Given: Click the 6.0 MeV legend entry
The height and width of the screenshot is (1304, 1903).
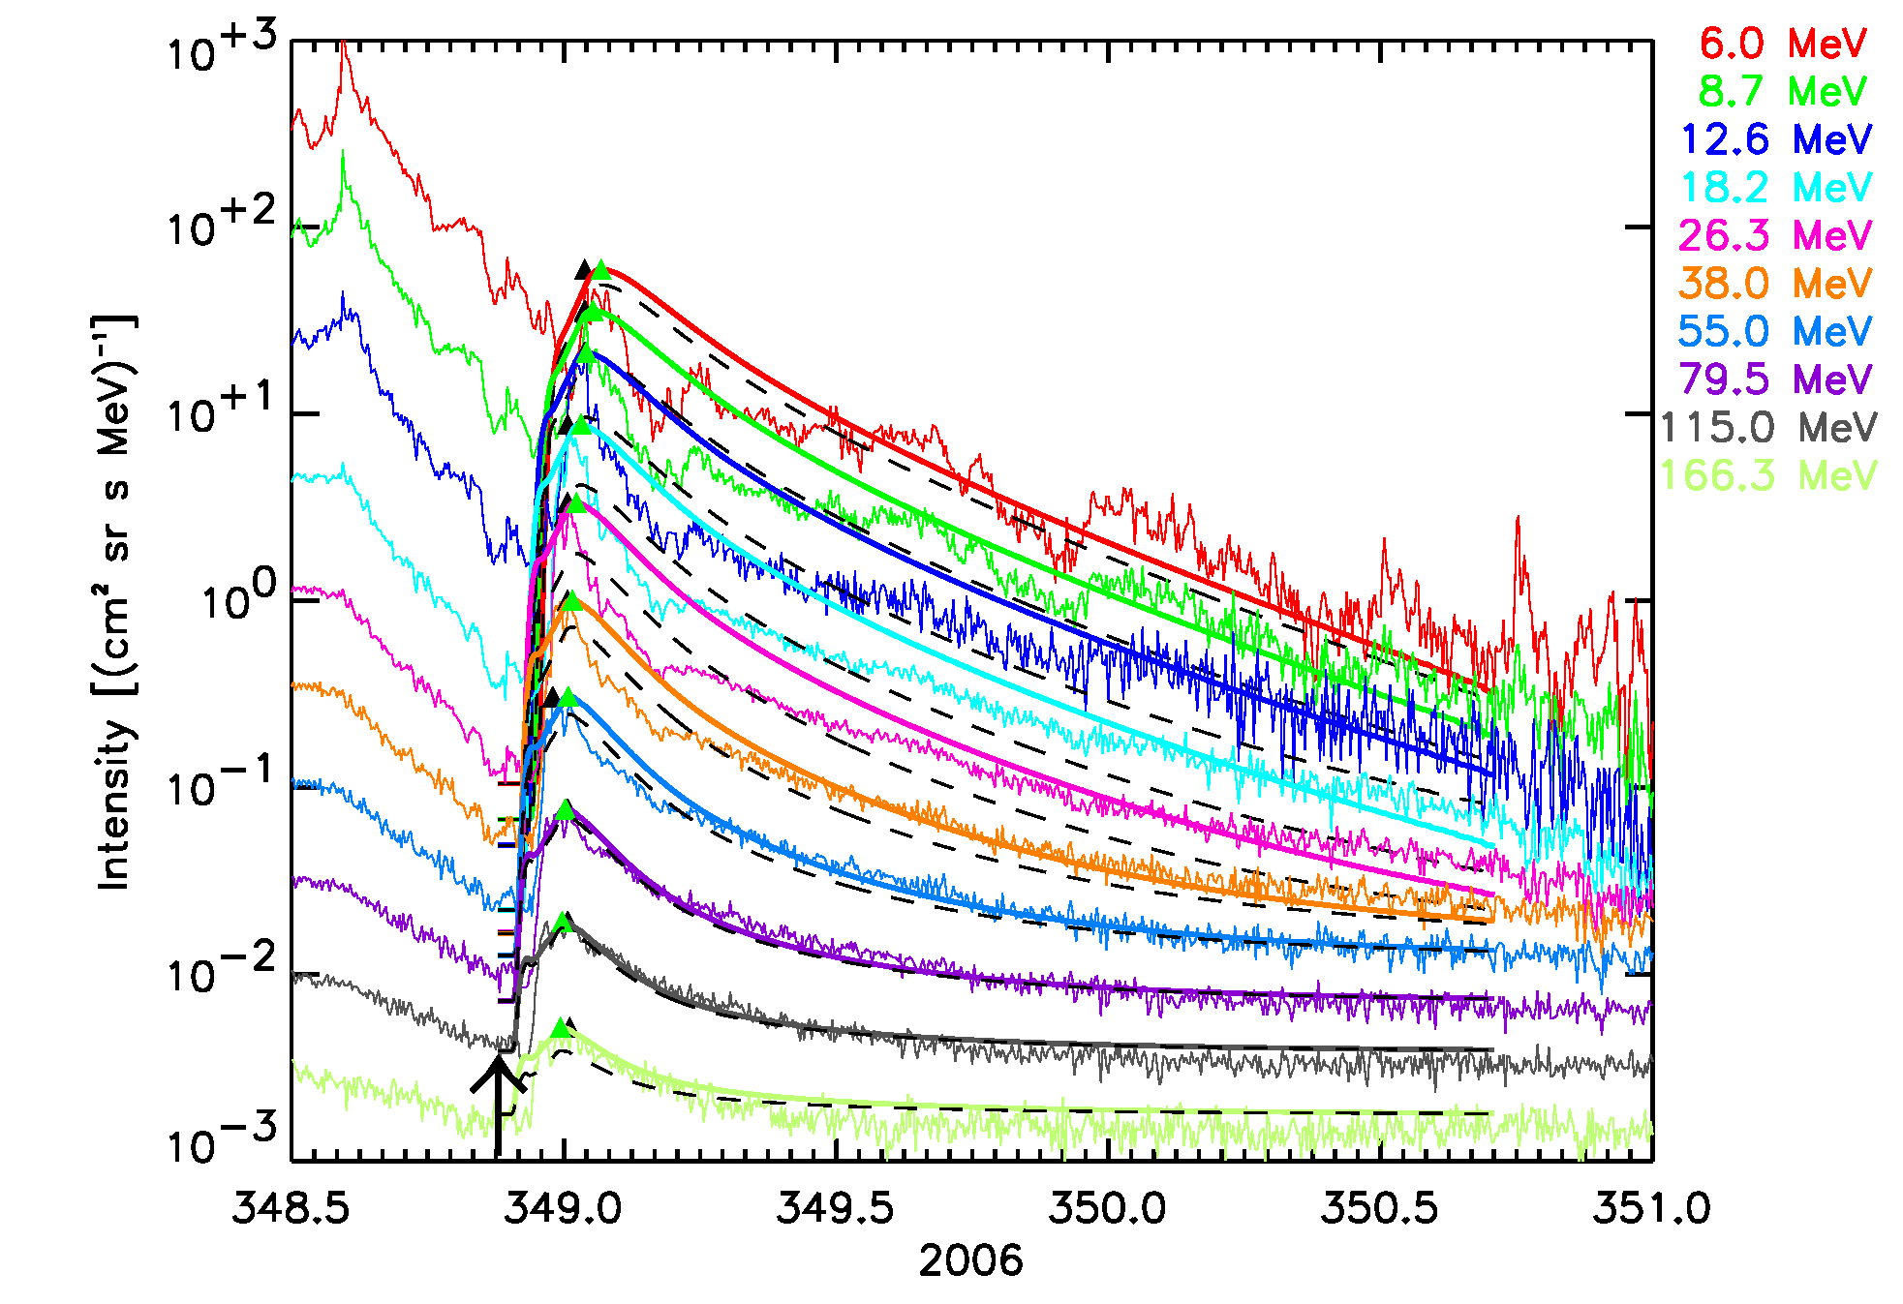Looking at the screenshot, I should (x=1783, y=44).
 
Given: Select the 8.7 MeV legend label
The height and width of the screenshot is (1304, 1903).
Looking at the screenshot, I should (x=1783, y=92).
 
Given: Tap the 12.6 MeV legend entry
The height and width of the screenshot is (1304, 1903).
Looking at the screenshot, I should (x=1776, y=139).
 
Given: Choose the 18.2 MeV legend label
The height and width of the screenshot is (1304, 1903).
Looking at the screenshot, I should (x=1776, y=187).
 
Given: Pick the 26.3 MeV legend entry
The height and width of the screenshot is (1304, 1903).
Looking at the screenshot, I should (x=1776, y=235).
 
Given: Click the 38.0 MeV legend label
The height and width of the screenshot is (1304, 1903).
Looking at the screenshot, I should (x=1776, y=284).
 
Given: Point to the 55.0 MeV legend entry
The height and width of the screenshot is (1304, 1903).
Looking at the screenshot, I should (x=1776, y=331).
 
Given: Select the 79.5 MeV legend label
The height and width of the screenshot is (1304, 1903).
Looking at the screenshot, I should (x=1776, y=379).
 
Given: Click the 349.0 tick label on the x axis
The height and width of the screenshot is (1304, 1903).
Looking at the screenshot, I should (x=564, y=1208).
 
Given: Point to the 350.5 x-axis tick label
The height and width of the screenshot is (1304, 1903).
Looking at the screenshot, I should (x=1380, y=1208).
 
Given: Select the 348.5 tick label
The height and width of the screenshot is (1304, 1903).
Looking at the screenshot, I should (x=291, y=1208).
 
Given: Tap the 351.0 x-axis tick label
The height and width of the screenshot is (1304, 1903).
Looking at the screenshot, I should (x=1652, y=1208).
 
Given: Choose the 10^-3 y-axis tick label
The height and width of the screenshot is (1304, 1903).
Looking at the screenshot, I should (x=222, y=1139).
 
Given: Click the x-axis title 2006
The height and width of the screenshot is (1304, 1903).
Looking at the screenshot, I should (x=970, y=1261).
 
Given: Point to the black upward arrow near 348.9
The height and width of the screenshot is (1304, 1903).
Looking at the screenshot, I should (x=498, y=1104).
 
